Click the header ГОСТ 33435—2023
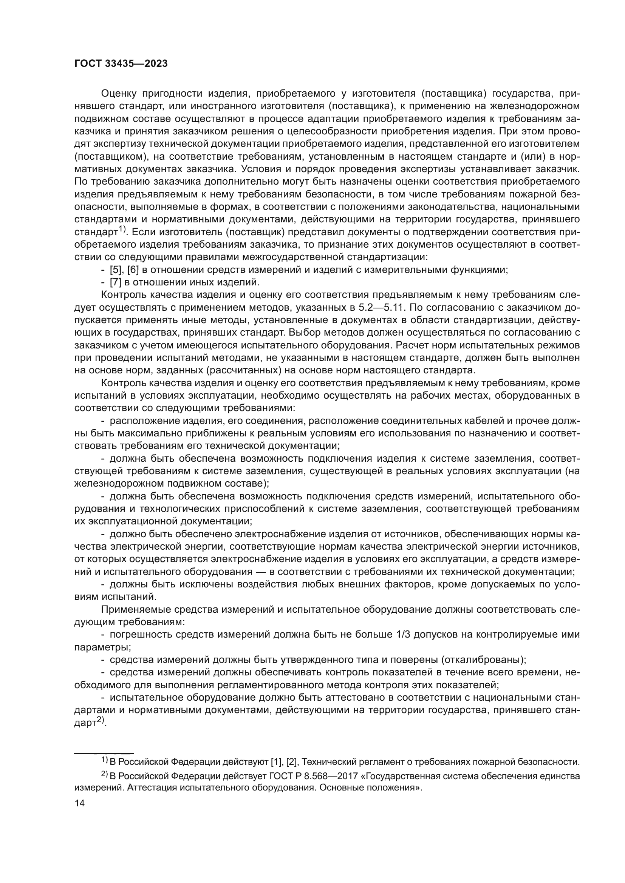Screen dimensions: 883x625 (x=121, y=64)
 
